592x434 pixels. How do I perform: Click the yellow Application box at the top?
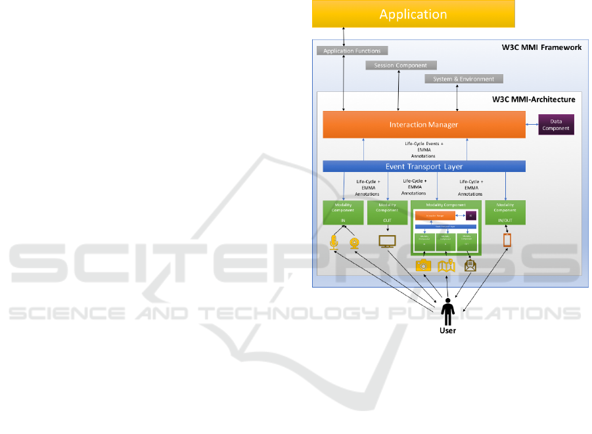pyautogui.click(x=413, y=14)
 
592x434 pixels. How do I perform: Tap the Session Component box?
pyautogui.click(x=400, y=65)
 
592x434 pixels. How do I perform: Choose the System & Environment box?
pyautogui.click(x=463, y=79)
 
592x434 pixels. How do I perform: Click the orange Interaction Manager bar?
pyautogui.click(x=424, y=124)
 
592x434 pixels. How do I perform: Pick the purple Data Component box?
pyautogui.click(x=556, y=124)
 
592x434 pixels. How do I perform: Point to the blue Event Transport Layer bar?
pyautogui.click(x=424, y=167)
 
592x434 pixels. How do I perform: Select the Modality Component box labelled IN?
pyautogui.click(x=343, y=213)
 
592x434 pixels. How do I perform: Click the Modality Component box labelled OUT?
pyautogui.click(x=387, y=213)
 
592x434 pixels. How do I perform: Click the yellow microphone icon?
pyautogui.click(x=334, y=242)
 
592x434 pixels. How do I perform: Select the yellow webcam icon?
pyautogui.click(x=353, y=242)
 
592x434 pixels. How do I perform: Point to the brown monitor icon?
pyautogui.click(x=387, y=242)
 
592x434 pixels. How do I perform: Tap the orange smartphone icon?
pyautogui.click(x=507, y=240)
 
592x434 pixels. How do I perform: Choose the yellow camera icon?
pyautogui.click(x=424, y=265)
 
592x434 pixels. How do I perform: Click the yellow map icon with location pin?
pyautogui.click(x=447, y=265)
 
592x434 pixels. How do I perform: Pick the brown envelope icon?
pyautogui.click(x=470, y=265)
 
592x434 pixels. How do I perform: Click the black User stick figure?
pyautogui.click(x=447, y=311)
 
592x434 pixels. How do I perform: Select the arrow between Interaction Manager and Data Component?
pyautogui.click(x=532, y=123)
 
